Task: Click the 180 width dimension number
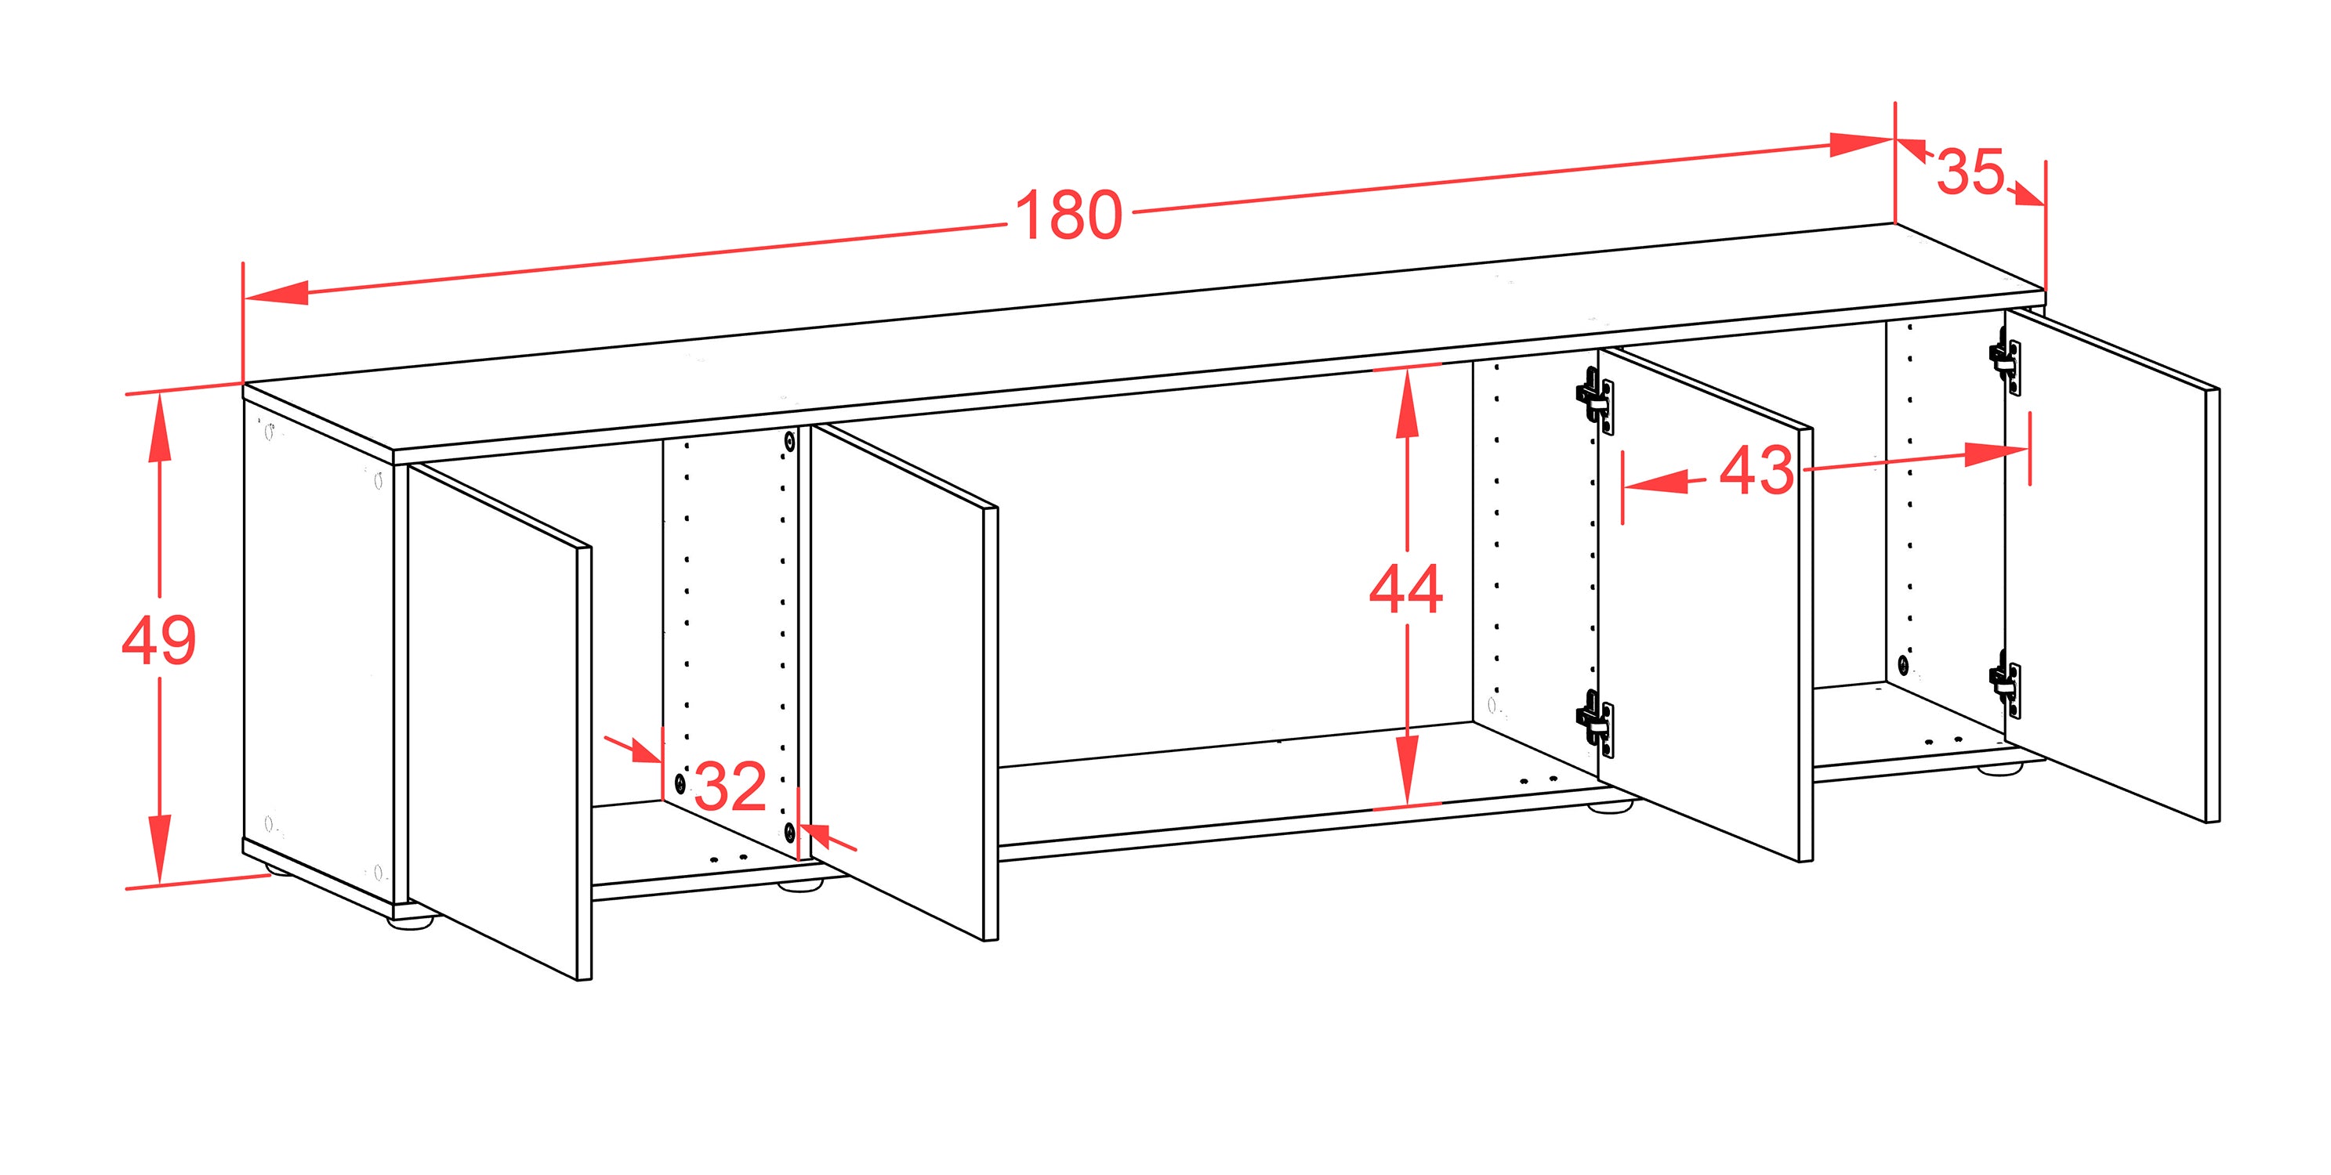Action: click(x=1068, y=216)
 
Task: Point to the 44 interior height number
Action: click(x=1405, y=589)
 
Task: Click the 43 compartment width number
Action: click(x=1756, y=470)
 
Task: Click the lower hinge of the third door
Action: click(x=1594, y=724)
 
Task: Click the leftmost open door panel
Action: click(x=499, y=721)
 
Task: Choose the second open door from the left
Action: click(x=904, y=683)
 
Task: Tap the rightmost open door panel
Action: click(x=2112, y=566)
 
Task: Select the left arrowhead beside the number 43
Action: click(x=1657, y=482)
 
